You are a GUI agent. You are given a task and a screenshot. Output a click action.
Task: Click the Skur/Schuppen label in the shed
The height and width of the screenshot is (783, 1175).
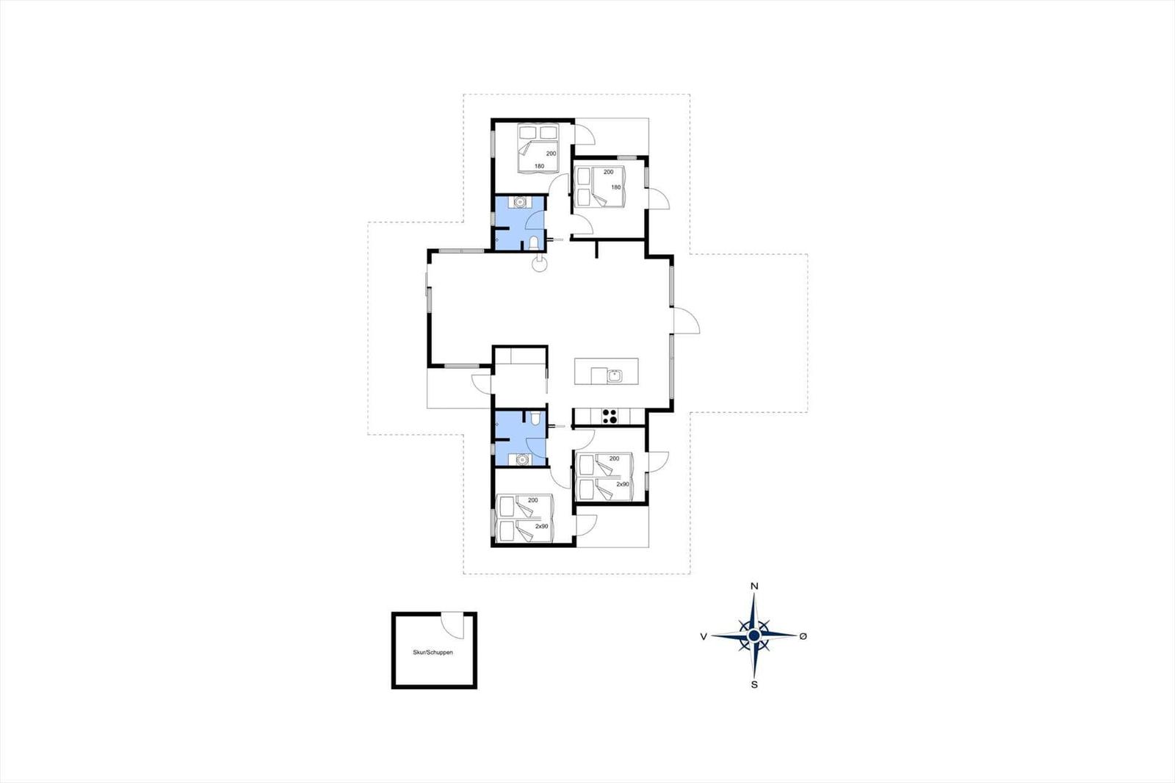point(433,652)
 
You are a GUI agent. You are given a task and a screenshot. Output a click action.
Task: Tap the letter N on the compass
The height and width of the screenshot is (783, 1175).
point(754,586)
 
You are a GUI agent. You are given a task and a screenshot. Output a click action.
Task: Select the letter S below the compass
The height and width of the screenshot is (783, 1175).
point(754,685)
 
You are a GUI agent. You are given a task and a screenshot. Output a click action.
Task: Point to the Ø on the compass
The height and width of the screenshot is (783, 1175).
point(803,636)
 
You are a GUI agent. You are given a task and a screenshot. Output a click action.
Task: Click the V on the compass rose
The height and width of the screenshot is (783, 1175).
point(704,637)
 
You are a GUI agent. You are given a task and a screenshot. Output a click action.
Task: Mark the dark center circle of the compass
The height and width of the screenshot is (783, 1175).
point(754,636)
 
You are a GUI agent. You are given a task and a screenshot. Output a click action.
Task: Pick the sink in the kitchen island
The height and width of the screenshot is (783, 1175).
point(614,376)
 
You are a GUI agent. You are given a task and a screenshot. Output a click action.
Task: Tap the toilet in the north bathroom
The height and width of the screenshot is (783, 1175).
point(534,242)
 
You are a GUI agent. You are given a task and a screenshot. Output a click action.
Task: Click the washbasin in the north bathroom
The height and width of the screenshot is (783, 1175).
point(520,201)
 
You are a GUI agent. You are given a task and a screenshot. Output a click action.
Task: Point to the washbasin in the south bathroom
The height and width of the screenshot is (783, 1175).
point(521,460)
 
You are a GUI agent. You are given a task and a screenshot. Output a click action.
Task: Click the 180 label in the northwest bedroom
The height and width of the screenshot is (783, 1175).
point(539,166)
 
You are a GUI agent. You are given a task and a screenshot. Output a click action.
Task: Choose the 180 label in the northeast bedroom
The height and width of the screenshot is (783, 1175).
point(616,187)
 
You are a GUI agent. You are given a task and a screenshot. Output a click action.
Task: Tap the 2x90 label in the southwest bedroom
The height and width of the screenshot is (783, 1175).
point(541,526)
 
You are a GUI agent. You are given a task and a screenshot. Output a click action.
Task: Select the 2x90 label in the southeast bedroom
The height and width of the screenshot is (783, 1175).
point(623,484)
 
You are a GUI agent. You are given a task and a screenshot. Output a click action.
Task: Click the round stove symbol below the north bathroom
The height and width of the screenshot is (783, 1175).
point(540,264)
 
